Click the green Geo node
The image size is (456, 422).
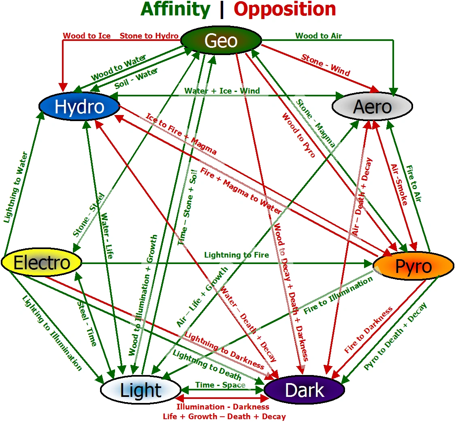coord(221,40)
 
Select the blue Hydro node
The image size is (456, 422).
coord(79,106)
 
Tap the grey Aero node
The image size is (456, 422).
coord(372,107)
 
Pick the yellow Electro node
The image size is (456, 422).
coord(42,262)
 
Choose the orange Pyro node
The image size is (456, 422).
coord(413,266)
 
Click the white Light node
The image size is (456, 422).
coord(141,390)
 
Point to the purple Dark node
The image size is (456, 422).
coord(304,390)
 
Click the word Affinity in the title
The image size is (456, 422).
coord(175,9)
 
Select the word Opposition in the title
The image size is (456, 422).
coord(285,9)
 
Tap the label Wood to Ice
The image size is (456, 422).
coord(87,36)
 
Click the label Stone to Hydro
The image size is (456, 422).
coord(149,36)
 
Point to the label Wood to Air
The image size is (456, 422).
coord(318,36)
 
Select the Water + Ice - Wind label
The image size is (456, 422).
coord(222,91)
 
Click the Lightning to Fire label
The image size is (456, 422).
coord(237,255)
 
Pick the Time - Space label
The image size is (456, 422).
coord(220,385)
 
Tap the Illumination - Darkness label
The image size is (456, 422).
coord(223,407)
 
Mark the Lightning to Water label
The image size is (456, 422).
coord(15,187)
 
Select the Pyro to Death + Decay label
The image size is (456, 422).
coord(395,336)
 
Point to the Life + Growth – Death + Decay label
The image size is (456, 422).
coord(224,416)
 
